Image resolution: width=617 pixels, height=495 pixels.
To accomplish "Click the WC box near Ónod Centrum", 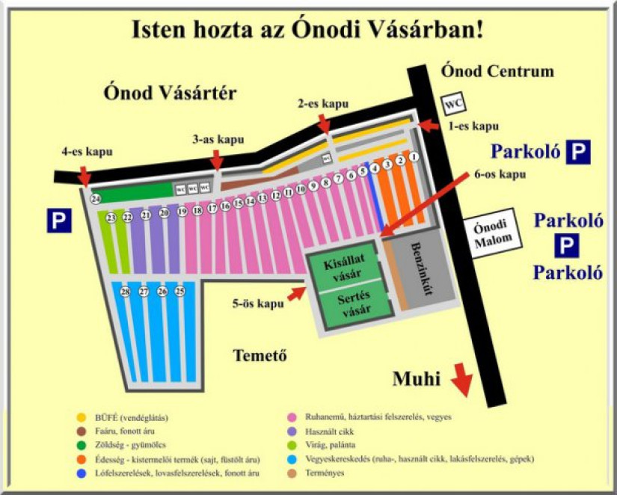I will (452, 102).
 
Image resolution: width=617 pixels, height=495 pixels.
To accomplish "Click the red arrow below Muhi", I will (462, 379).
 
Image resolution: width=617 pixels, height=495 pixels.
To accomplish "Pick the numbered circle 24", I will (96, 199).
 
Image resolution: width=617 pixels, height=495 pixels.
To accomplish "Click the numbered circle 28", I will (125, 292).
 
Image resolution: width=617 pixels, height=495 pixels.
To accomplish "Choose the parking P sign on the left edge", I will (59, 221).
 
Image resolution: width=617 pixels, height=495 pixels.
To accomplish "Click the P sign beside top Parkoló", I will (577, 152).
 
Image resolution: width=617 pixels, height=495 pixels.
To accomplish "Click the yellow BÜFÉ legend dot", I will (82, 416).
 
